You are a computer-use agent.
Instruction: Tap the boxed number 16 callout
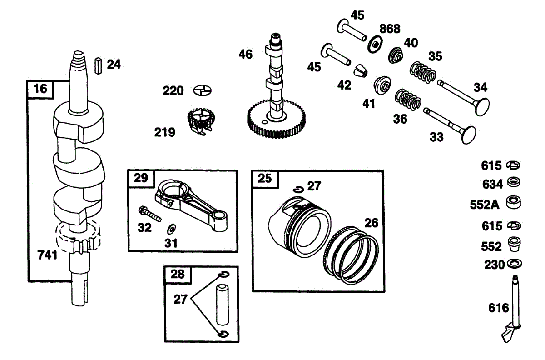tap(40, 89)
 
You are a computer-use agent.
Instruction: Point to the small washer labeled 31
tap(172, 228)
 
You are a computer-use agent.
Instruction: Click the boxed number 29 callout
tap(141, 178)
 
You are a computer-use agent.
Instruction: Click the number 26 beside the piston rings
tap(371, 223)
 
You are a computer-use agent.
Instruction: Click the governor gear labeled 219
tap(200, 120)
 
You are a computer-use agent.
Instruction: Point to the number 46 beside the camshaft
tap(246, 55)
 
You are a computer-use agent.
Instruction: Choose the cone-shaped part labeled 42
tap(360, 70)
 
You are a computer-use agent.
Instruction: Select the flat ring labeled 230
tap(514, 264)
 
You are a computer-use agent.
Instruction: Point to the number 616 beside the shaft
tap(499, 308)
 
